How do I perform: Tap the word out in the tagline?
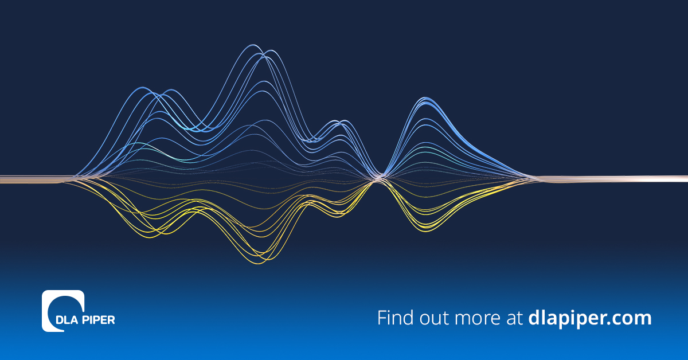click(435, 318)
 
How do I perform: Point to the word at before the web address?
click(514, 319)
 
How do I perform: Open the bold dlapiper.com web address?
click(590, 319)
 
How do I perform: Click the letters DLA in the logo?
click(68, 320)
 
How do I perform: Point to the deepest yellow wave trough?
click(259, 263)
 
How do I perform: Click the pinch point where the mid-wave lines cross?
click(378, 178)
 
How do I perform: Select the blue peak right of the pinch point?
click(425, 98)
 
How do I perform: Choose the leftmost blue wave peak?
click(143, 88)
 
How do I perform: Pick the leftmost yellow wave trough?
click(150, 237)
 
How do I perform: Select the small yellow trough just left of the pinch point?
click(337, 216)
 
